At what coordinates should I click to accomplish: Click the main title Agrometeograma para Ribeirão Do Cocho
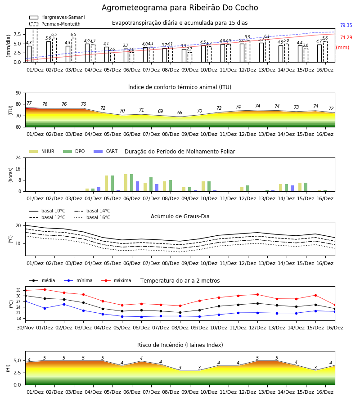point(180,8)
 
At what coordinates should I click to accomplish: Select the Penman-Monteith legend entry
point(55,24)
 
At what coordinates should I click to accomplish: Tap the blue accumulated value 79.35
point(346,25)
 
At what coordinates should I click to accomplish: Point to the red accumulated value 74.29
point(346,37)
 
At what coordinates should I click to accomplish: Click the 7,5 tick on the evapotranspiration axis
point(17,34)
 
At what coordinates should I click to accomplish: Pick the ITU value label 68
point(180,112)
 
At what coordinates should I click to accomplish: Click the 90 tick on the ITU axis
point(18,93)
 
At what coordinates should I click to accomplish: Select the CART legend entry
point(105,151)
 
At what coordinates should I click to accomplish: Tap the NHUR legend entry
point(42,151)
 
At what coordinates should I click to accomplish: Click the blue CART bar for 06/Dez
point(137,186)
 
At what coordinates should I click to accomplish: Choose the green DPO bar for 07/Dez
point(151,184)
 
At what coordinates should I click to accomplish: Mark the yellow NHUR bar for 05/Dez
point(106,184)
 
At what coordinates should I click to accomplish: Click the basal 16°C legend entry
point(92,217)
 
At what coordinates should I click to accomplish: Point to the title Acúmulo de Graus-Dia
point(180,216)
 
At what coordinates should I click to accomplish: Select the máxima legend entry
point(116,280)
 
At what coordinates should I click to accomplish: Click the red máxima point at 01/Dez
point(45,289)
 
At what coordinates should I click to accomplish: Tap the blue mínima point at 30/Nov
point(26,301)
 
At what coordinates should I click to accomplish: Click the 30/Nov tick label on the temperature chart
point(25,328)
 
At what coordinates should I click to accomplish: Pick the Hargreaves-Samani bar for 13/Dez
point(261,53)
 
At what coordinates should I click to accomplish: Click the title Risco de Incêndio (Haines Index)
point(180,345)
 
